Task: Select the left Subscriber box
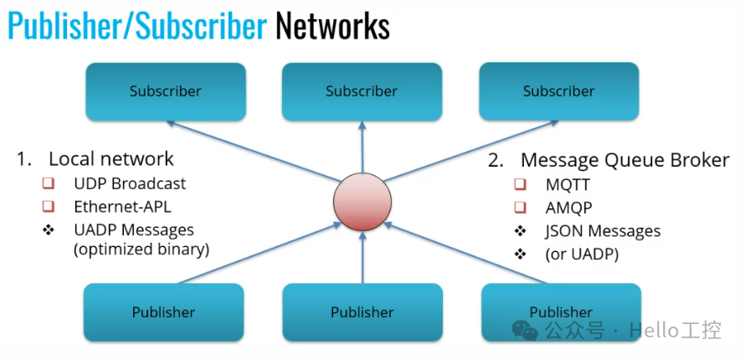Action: coord(165,90)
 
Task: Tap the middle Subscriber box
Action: coord(362,90)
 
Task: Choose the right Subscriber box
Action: coord(558,90)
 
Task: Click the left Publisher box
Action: coord(163,311)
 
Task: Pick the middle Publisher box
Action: coord(362,311)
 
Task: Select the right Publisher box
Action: coord(561,311)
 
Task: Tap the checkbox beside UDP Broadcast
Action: coord(49,183)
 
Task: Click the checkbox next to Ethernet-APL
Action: coord(49,206)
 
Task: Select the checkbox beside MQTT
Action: coord(521,184)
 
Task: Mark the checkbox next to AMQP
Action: coord(521,208)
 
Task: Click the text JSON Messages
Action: coord(603,231)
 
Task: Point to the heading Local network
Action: coord(110,159)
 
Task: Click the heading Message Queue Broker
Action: coord(624,159)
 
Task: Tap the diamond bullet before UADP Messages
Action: coord(49,229)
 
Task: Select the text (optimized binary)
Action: coord(141,249)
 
